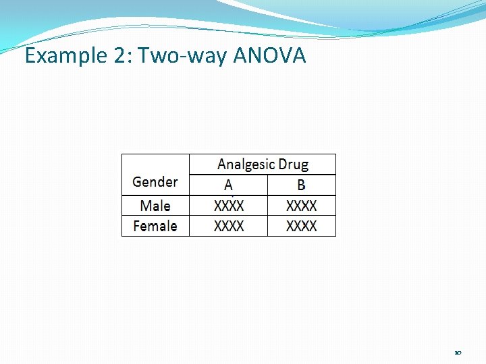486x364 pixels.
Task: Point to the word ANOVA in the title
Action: click(x=269, y=56)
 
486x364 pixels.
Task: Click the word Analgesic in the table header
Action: click(x=246, y=164)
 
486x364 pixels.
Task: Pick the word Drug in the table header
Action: click(x=294, y=164)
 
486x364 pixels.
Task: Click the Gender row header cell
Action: click(x=155, y=181)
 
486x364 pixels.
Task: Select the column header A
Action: click(x=229, y=185)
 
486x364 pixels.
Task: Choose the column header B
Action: click(x=301, y=185)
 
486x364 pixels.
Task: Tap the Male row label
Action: click(x=155, y=206)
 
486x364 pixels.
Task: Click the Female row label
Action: click(x=155, y=226)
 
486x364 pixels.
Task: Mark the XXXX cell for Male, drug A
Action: click(x=229, y=206)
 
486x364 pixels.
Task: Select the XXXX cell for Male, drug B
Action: click(x=301, y=206)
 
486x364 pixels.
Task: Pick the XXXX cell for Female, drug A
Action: click(x=229, y=226)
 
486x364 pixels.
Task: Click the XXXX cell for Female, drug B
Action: click(x=301, y=226)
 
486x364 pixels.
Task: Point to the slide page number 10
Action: click(x=458, y=353)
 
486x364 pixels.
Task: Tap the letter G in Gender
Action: click(x=137, y=181)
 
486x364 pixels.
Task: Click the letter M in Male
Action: click(x=146, y=206)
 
